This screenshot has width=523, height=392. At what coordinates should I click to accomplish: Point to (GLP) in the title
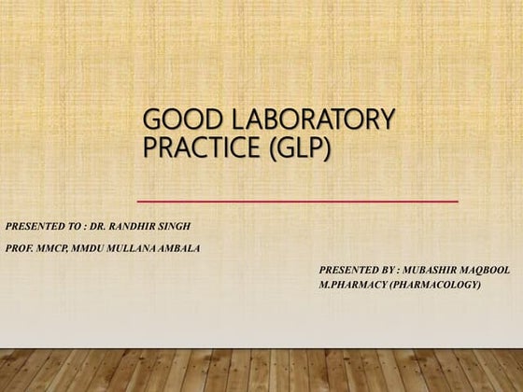point(299,147)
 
